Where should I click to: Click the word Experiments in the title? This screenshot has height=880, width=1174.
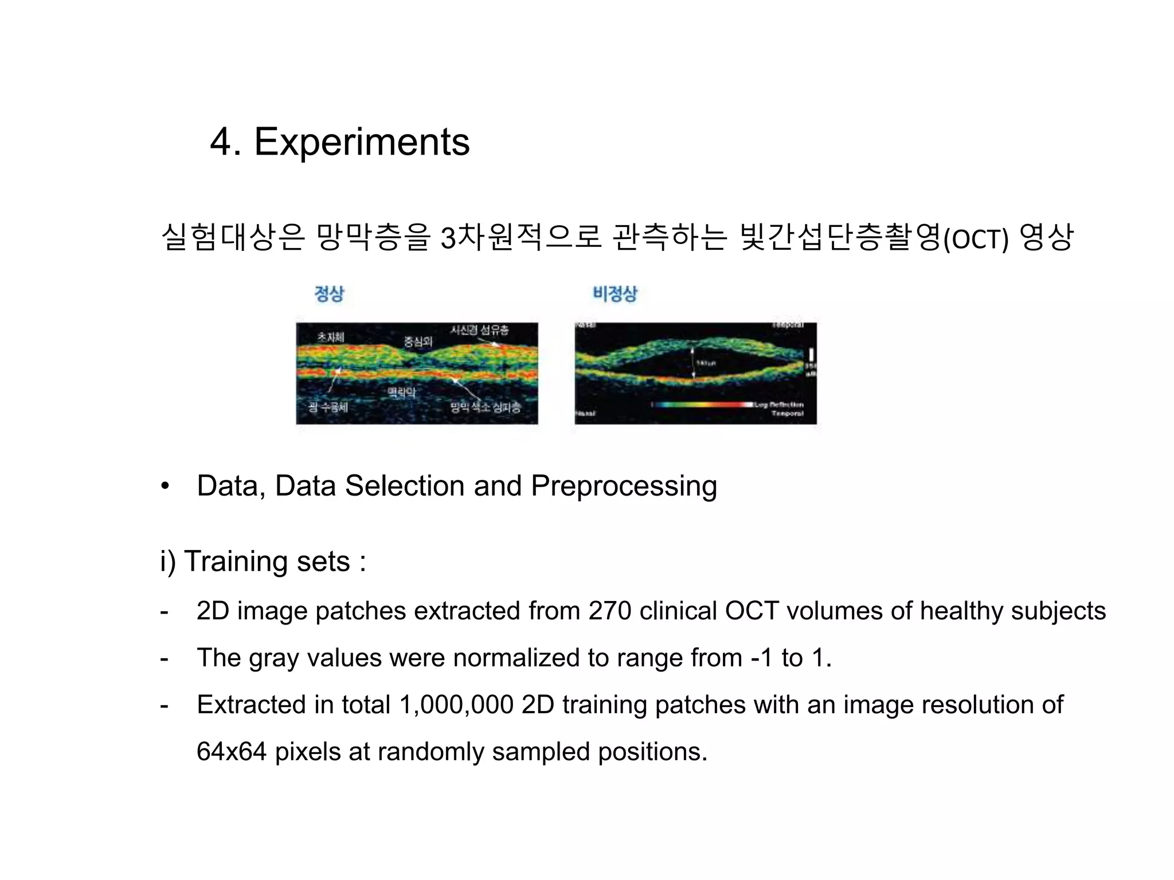pos(362,142)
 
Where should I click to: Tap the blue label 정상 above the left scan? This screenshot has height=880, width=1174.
pos(329,294)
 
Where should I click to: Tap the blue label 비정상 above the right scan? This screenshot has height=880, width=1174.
pos(615,294)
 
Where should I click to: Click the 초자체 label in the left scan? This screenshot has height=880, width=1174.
pos(331,337)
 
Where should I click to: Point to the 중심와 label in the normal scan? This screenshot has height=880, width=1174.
pos(418,341)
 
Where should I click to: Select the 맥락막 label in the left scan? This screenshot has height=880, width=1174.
pos(401,392)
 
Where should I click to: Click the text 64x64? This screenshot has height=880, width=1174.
pos(232,752)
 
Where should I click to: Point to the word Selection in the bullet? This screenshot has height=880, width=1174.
pos(405,486)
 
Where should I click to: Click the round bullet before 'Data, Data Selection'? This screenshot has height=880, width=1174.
pos(166,486)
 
